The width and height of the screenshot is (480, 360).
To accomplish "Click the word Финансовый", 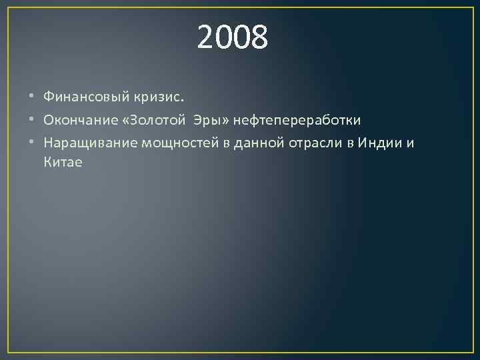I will (x=83, y=97).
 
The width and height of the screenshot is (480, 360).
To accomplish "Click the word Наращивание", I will (x=85, y=143).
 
